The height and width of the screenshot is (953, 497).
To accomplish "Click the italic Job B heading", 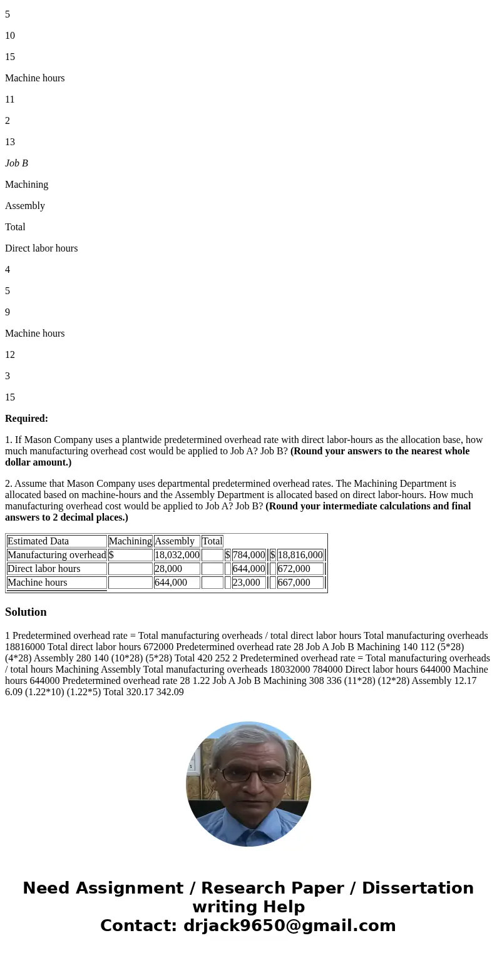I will click(16, 163).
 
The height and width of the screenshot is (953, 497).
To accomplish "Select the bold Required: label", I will click(26, 419).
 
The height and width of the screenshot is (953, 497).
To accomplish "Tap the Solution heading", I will click(26, 612).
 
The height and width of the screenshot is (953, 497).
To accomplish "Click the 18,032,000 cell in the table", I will click(177, 555).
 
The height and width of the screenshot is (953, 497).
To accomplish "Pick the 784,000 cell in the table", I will click(248, 555).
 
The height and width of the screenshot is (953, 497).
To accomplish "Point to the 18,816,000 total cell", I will click(300, 555).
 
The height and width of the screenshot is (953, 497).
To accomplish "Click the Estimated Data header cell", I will click(38, 541).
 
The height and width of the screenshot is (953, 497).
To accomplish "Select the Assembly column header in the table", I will click(175, 541).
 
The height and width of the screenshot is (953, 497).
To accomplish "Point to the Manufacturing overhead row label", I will click(56, 555).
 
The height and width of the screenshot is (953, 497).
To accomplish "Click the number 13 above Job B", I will click(10, 142).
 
